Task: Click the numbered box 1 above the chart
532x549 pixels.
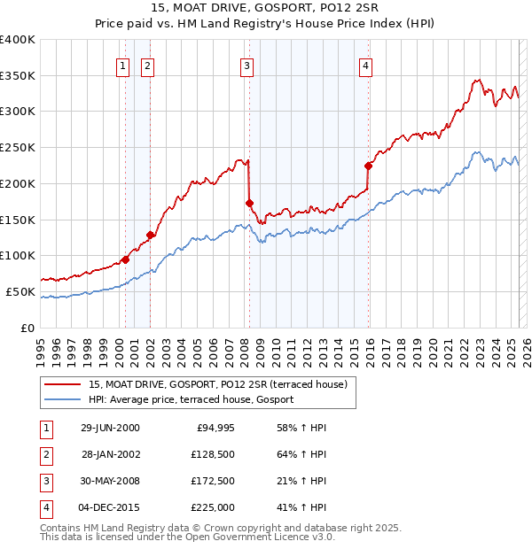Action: pos(121,65)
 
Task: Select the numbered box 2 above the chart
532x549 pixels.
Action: pos(146,65)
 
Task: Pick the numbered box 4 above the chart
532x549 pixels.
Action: pos(365,65)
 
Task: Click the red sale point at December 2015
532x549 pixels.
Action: pos(368,165)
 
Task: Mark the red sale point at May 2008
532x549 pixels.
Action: pos(249,203)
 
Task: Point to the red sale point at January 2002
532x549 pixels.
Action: pos(150,235)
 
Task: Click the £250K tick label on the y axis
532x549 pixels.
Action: pos(18,147)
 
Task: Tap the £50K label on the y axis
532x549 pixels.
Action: pos(21,291)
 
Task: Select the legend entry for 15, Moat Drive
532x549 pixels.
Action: pos(222,384)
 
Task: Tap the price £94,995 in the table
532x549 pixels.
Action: pos(214,428)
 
